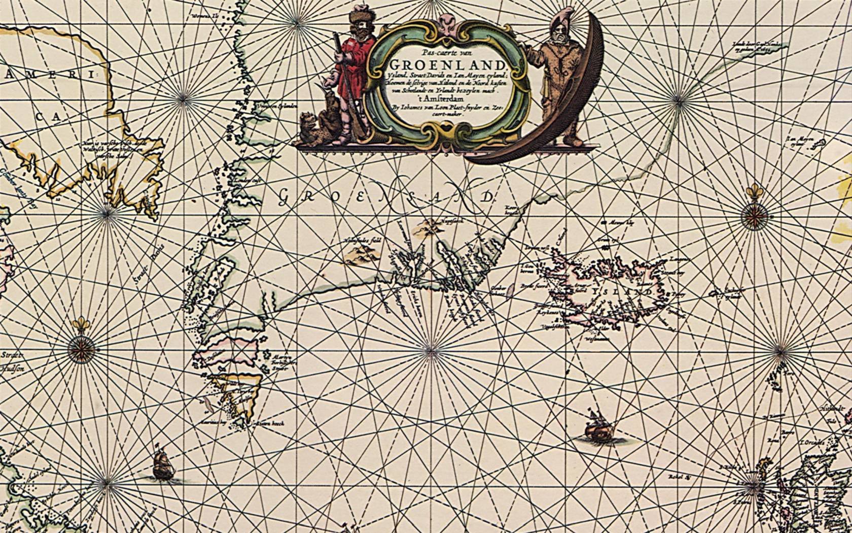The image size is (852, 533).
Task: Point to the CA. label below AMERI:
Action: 48,117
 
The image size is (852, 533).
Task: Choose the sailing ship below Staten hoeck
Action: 163,465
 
